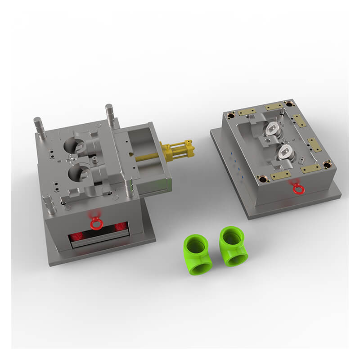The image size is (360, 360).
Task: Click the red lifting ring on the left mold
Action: pyautogui.click(x=95, y=222)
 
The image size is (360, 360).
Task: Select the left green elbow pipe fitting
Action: pyautogui.click(x=197, y=255)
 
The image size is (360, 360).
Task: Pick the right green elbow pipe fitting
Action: pyautogui.click(x=233, y=247)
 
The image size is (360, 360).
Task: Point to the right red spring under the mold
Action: pyautogui.click(x=120, y=227)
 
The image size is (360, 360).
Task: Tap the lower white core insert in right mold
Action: pyautogui.click(x=287, y=152)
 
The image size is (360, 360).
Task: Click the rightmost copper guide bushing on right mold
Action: pyautogui.click(x=327, y=163)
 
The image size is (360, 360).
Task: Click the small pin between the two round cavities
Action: pyautogui.click(x=95, y=160)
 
